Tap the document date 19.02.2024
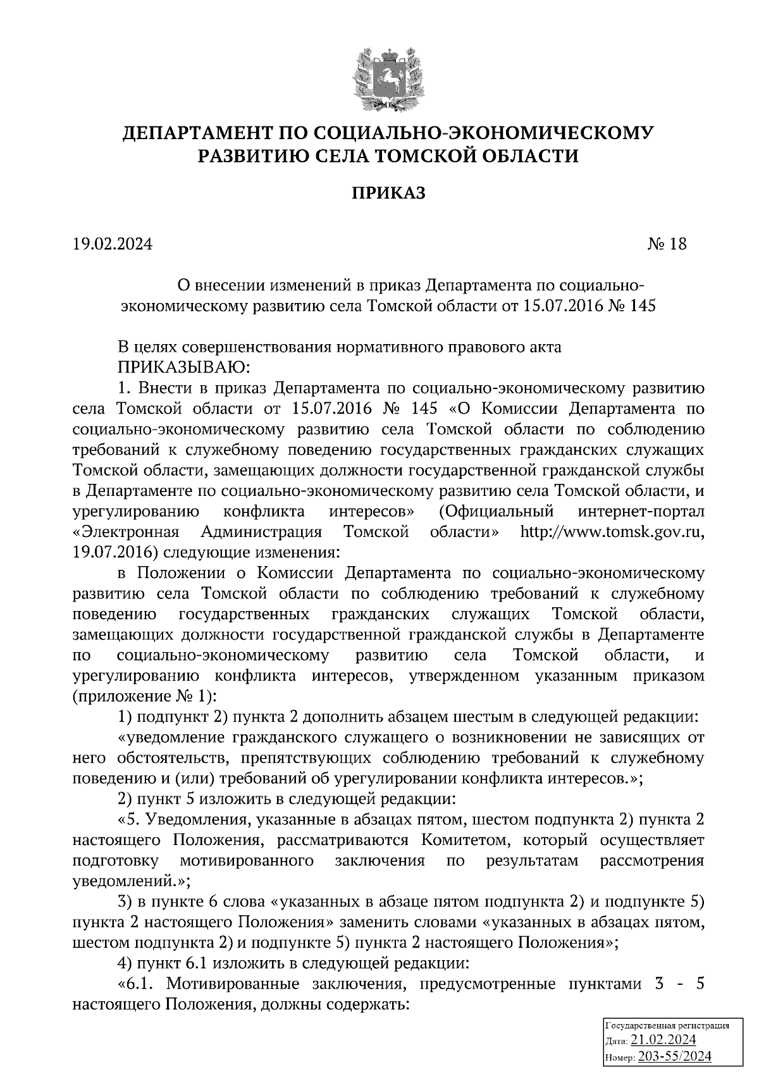(x=112, y=244)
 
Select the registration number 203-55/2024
(x=675, y=1056)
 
